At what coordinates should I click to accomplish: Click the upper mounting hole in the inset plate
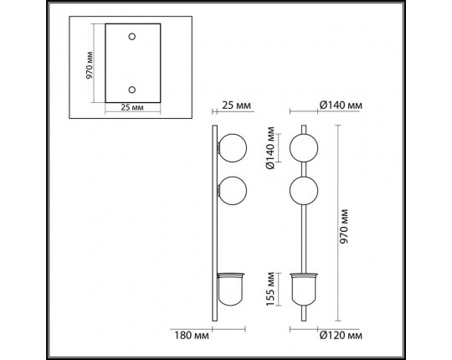pyautogui.click(x=131, y=37)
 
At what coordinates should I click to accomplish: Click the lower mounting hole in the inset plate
pyautogui.click(x=131, y=87)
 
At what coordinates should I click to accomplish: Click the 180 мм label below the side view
pyautogui.click(x=192, y=337)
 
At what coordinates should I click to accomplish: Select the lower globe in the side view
pyautogui.click(x=232, y=190)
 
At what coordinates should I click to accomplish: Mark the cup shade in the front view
pyautogui.click(x=303, y=289)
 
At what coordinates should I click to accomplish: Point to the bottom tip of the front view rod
pyautogui.click(x=303, y=319)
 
